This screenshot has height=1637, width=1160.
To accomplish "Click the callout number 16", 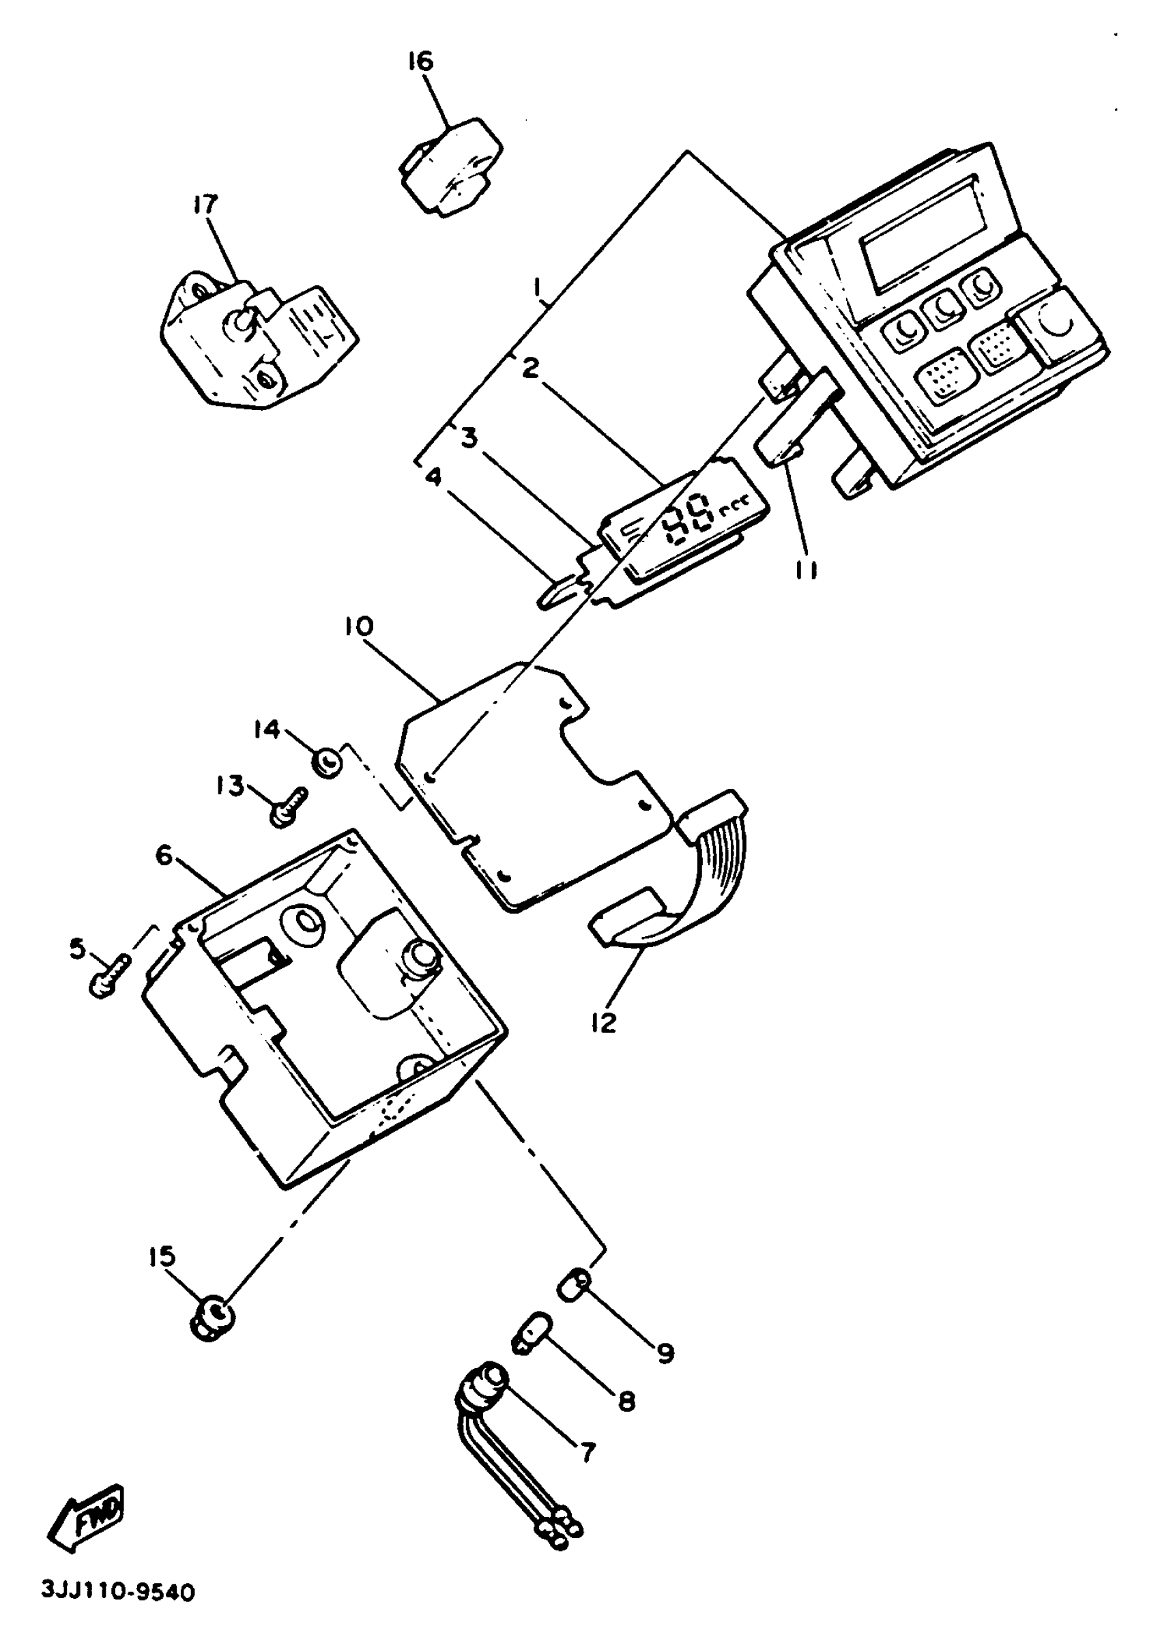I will point(421,62).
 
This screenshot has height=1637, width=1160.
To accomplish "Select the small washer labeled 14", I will point(328,764).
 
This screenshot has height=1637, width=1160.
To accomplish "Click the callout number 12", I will point(604,1023).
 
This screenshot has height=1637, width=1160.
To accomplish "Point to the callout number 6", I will point(164,854).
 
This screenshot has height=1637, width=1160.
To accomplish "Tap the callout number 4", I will point(433,476).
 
